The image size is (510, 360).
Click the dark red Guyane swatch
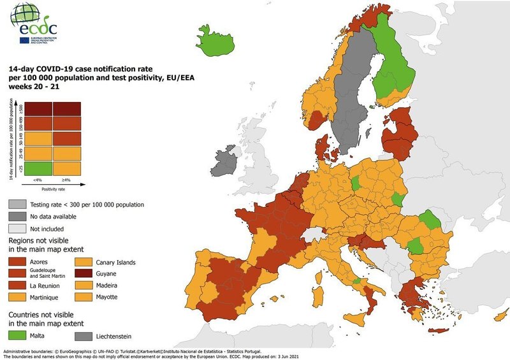pyautogui.click(x=87, y=274)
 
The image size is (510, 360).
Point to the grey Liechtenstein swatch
pyautogui.click(x=87, y=335)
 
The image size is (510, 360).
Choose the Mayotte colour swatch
pyautogui.click(x=87, y=298)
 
